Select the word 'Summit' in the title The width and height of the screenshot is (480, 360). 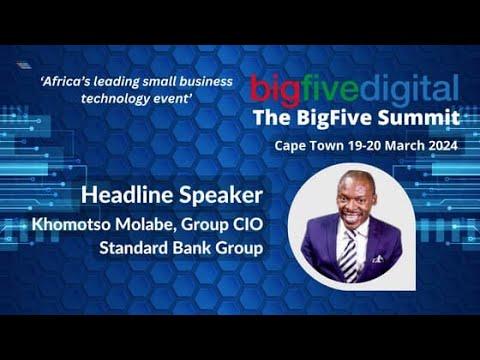pos(423,117)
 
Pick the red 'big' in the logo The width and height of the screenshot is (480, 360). pos(272,88)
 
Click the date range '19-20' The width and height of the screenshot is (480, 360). pos(356,146)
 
